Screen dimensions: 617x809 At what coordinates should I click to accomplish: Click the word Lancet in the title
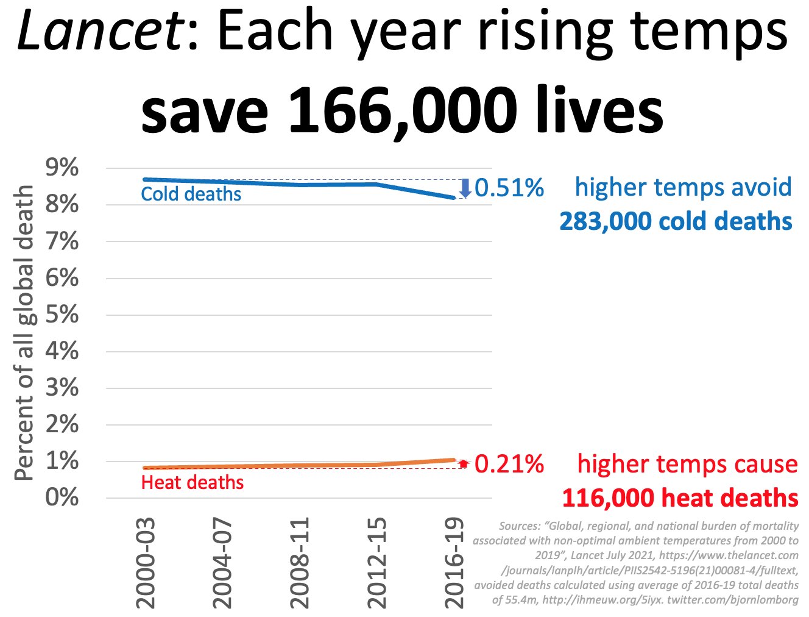tap(101, 32)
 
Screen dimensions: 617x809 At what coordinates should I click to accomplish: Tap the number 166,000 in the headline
tap(402, 110)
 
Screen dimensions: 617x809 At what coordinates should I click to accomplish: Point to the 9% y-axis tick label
tap(62, 168)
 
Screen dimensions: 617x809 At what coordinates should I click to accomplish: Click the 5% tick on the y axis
tap(62, 315)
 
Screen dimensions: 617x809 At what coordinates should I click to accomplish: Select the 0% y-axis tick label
tap(62, 498)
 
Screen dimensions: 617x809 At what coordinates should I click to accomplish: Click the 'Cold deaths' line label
tap(191, 194)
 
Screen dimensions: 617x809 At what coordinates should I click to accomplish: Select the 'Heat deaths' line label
tap(192, 482)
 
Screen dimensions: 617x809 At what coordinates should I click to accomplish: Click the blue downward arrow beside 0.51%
tap(465, 188)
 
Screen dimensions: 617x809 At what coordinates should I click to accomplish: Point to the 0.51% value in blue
tap(509, 188)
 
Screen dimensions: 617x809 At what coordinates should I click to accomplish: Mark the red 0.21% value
tap(509, 464)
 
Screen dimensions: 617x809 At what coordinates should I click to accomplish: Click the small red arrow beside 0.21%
tap(464, 463)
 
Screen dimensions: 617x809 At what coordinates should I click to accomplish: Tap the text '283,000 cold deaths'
tap(676, 221)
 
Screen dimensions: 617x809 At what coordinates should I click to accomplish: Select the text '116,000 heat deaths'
tap(680, 498)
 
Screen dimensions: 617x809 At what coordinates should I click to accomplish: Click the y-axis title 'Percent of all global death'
tap(24, 333)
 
